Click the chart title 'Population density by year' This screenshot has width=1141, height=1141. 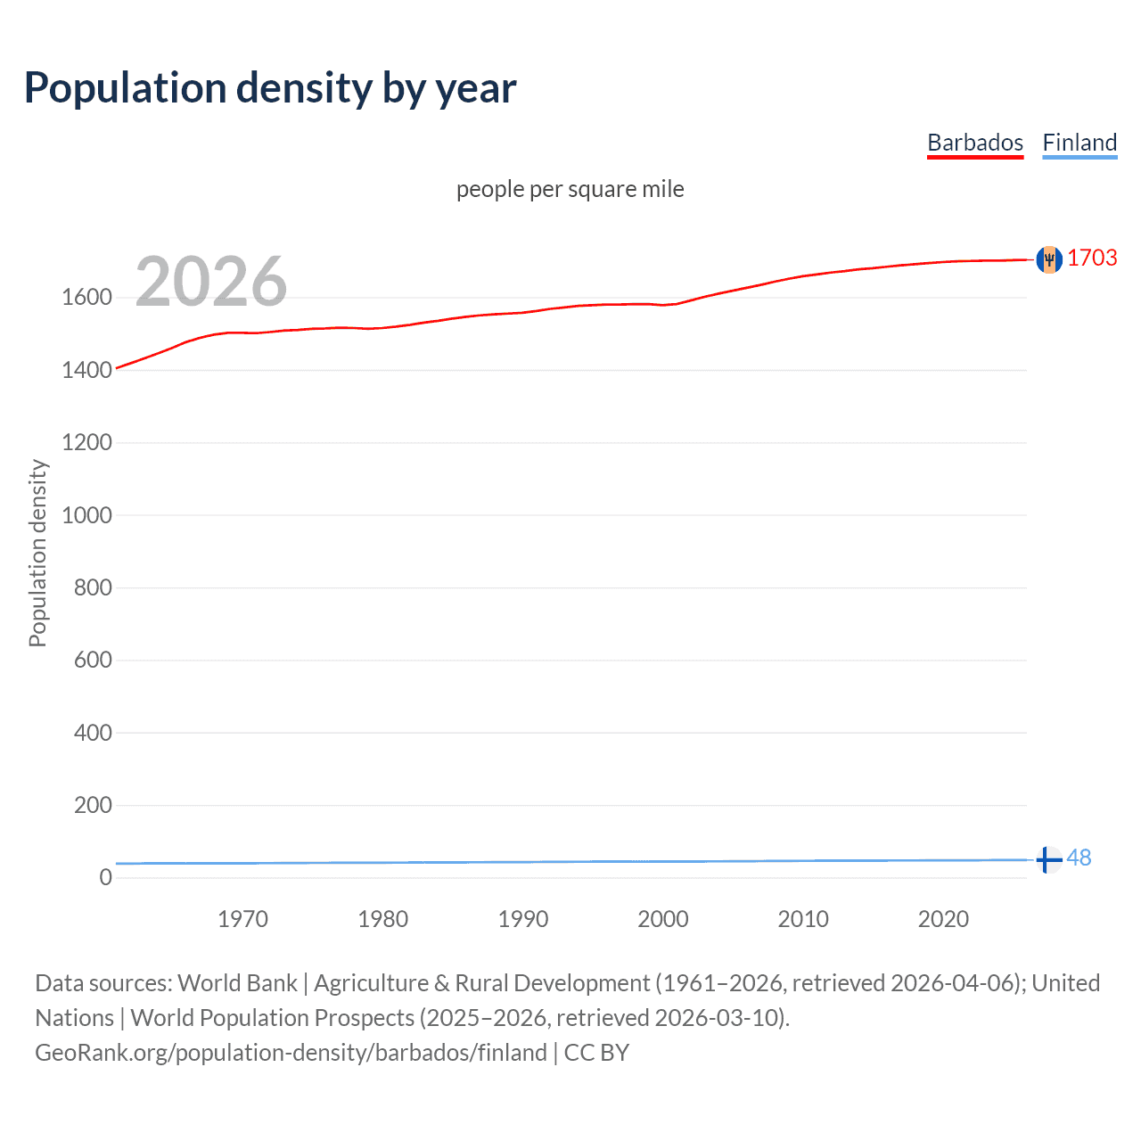click(270, 88)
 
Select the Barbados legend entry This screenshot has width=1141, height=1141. click(975, 143)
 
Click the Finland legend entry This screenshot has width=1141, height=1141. click(1079, 143)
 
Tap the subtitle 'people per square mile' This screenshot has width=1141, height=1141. click(570, 189)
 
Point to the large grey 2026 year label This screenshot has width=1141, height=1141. click(211, 282)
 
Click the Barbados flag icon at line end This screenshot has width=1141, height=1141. click(1049, 259)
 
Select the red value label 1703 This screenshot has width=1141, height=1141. click(1092, 258)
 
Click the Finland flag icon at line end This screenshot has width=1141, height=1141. click(1049, 860)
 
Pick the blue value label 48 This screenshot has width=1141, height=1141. click(1079, 858)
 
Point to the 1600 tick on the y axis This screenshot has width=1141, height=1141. click(86, 297)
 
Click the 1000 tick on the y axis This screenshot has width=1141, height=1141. click(86, 515)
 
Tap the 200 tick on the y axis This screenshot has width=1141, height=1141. click(93, 805)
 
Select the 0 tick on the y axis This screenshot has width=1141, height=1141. click(105, 877)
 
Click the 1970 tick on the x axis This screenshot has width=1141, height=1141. click(242, 919)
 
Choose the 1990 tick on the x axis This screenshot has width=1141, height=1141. click(523, 919)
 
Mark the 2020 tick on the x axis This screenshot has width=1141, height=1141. click(943, 919)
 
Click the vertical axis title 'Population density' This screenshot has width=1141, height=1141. click(37, 553)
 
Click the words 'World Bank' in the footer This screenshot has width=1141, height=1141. click(237, 983)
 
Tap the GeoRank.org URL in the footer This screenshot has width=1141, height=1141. click(291, 1053)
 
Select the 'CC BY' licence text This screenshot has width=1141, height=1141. click(596, 1053)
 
